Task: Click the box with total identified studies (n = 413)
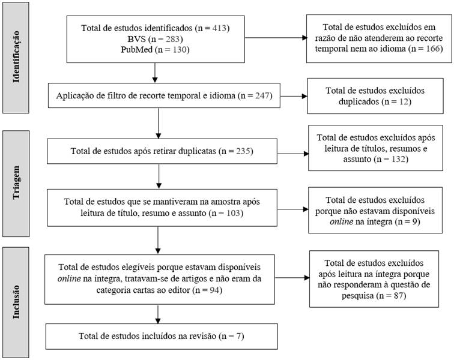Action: [155, 39]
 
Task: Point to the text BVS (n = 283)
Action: [154, 39]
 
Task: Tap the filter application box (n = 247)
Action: [164, 95]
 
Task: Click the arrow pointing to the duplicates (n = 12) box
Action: [293, 95]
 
